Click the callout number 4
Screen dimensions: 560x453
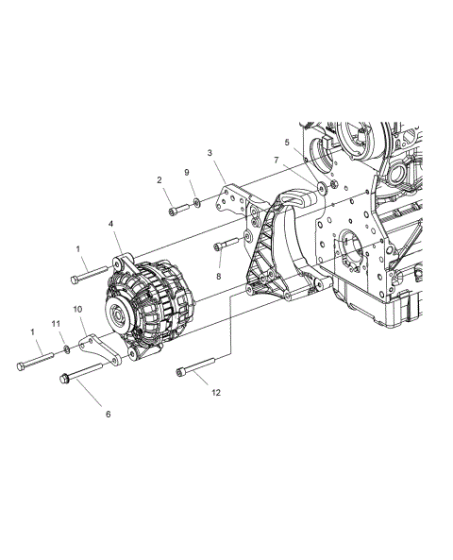[x=112, y=224]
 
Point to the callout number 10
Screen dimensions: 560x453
[x=77, y=309]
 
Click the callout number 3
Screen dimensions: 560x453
[x=209, y=152]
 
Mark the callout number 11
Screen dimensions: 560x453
[x=56, y=324]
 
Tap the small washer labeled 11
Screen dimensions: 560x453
[x=67, y=350]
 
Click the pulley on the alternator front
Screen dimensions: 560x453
[x=121, y=316]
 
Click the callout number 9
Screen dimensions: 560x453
[x=187, y=172]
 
